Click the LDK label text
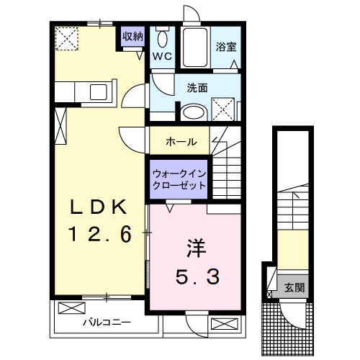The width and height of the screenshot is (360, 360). pos(100,208)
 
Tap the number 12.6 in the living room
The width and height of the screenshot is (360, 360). pos(100,235)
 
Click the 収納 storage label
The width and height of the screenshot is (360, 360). pos(132,35)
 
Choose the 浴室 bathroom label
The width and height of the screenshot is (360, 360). pos(226,48)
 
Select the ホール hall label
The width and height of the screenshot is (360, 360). pos(181,141)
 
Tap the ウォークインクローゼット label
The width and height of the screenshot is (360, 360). pos(179,179)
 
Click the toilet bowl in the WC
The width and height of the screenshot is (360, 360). pos(162,39)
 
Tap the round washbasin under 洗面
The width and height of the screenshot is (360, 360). pos(192,112)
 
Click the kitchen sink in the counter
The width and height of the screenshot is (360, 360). pos(96,92)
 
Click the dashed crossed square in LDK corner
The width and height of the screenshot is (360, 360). pos(68,37)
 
